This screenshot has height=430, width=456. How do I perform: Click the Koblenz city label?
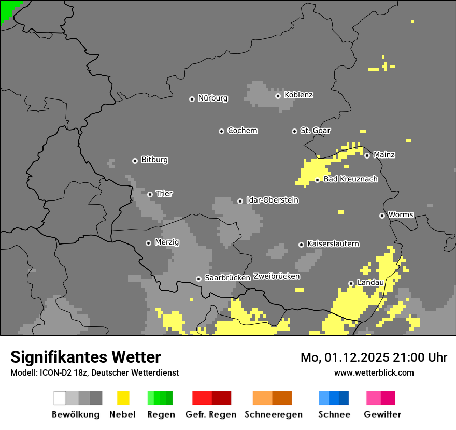pos(298,95)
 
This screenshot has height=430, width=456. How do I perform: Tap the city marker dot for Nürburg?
pos(192,98)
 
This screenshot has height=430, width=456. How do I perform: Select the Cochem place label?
pos(242,131)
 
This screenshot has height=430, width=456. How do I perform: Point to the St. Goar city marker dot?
pos(294,131)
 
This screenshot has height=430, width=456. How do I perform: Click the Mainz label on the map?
pos(384,155)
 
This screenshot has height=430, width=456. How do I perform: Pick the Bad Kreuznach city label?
pos(350,179)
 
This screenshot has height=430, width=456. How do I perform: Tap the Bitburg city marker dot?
pos(135,161)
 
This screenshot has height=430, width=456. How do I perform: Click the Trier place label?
pos(164,194)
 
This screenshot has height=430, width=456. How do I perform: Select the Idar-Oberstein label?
pos(272,200)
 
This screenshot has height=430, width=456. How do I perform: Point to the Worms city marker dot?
pos(382,216)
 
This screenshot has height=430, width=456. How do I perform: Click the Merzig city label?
pos(166,242)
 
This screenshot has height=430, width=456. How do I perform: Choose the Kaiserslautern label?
pos(333,243)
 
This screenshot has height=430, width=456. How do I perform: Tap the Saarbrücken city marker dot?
pos(198,279)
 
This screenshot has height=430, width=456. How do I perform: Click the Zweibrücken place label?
pos(276,276)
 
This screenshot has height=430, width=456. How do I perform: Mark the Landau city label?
pos(370,283)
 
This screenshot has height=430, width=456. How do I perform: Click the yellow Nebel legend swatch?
pos(123,398)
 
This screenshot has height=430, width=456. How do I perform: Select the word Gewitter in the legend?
pos(382,414)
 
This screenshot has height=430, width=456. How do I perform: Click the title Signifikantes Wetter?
pos(85,357)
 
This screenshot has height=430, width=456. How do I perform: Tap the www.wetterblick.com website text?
pos(374,372)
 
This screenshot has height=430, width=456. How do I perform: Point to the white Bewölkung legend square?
pos(60,398)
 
